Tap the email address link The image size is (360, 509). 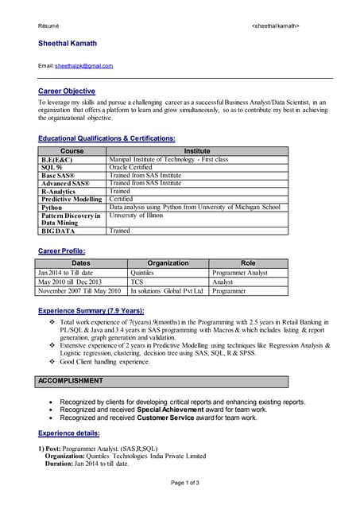point(83,65)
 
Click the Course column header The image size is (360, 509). point(72,150)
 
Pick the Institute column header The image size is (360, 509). point(197,150)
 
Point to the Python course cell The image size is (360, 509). point(52,207)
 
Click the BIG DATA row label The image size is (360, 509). point(58,231)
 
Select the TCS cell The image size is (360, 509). point(137,282)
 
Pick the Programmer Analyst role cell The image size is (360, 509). point(240,272)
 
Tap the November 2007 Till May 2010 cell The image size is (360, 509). point(80,291)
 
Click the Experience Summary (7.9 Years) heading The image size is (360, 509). point(91,310)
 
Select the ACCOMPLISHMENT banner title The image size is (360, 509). point(72,381)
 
